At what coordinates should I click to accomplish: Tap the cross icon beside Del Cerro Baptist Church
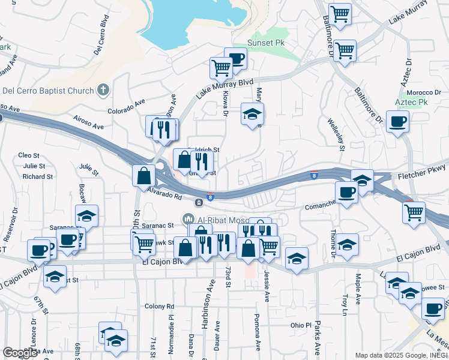click(103, 91)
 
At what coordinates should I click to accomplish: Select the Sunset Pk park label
click(267, 44)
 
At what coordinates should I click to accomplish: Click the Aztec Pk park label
click(411, 103)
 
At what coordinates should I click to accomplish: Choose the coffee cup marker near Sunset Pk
click(236, 59)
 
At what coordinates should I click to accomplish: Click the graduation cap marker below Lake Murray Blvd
click(252, 113)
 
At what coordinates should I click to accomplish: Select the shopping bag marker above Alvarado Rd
click(143, 176)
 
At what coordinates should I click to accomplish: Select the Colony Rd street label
click(159, 306)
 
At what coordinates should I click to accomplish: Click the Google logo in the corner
click(20, 352)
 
